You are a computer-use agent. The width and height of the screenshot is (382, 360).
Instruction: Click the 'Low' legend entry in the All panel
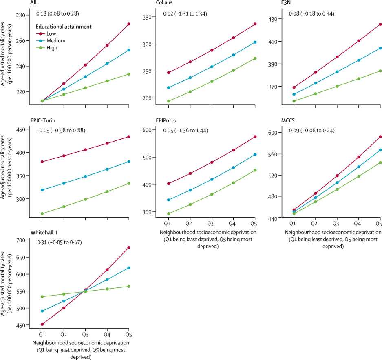[51, 34]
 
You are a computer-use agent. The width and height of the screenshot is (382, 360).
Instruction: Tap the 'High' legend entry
[51, 48]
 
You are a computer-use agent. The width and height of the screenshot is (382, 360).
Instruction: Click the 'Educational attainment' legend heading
[62, 27]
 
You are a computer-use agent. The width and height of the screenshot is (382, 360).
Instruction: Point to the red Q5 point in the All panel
[129, 24]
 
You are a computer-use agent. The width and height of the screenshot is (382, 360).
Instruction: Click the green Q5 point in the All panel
[129, 74]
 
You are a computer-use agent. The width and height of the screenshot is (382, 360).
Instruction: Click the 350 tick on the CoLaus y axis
[146, 17]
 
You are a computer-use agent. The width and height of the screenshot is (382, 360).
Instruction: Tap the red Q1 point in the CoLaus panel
[157, 73]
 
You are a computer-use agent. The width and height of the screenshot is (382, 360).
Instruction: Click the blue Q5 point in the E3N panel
[380, 48]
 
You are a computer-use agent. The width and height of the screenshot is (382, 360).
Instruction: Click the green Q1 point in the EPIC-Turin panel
[42, 213]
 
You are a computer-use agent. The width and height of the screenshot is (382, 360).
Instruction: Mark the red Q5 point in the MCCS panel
[380, 137]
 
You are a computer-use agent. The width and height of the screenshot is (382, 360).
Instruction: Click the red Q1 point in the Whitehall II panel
[42, 324]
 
